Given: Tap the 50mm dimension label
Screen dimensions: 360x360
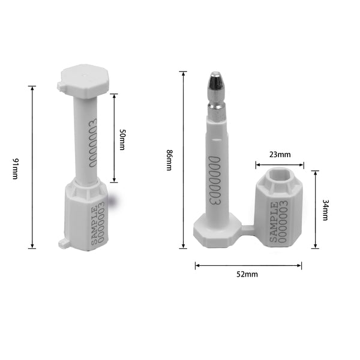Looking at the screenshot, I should tap(122, 139).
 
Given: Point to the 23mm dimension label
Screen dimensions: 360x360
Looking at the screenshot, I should tap(279, 154).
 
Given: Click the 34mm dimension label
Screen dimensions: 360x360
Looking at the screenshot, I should tap(325, 209).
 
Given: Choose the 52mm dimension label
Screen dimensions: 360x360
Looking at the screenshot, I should tap(247, 274).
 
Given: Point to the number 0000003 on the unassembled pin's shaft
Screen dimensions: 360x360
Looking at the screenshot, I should tap(214, 180).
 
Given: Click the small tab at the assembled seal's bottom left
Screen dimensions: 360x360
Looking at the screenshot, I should tap(62, 243).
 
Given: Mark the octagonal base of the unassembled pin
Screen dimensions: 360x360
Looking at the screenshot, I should tap(213, 234).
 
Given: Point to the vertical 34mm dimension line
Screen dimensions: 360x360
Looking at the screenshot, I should tap(315, 209).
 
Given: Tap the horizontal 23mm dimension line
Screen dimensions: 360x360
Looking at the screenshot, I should tap(280, 164).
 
